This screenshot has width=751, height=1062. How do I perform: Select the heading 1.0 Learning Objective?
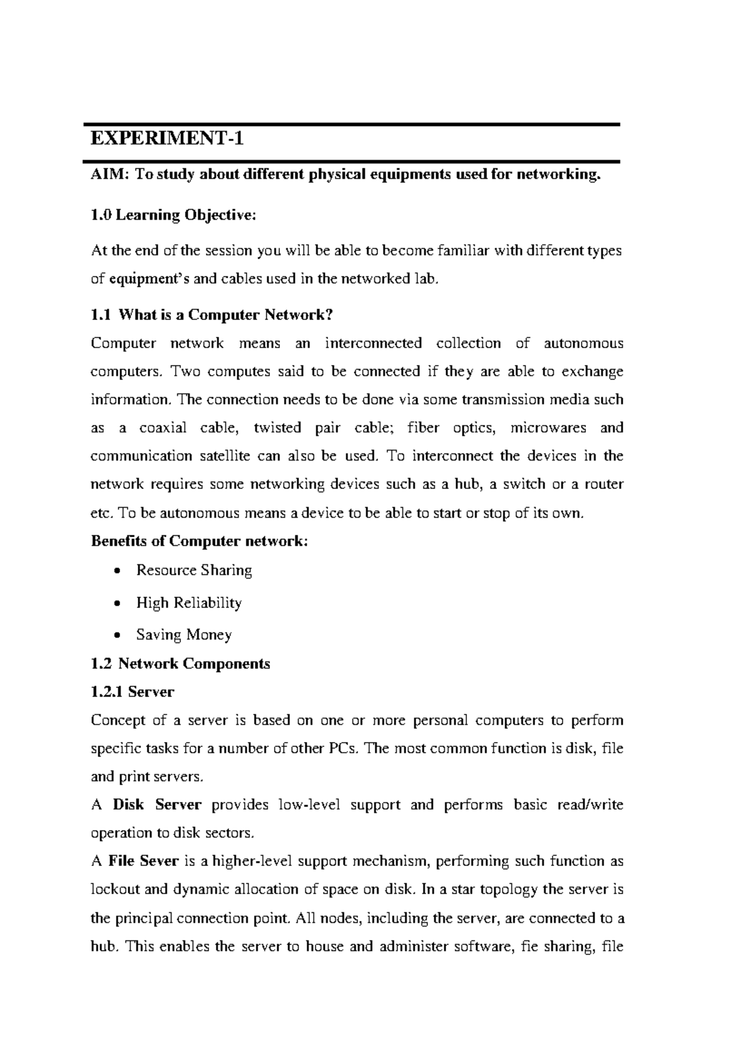click(173, 215)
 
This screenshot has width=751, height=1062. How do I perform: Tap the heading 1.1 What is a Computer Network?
click(212, 315)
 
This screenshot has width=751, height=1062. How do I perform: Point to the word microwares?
click(548, 428)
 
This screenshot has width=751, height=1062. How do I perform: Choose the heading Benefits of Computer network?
click(200, 541)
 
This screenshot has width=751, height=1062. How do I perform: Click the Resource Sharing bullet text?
click(194, 570)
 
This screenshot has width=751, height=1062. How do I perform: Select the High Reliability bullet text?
click(189, 603)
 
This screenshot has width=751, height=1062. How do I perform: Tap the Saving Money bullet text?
click(184, 635)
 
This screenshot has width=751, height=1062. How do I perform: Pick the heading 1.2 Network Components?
click(180, 664)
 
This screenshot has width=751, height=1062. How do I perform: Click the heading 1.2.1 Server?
click(132, 692)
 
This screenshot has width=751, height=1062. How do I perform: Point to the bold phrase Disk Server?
click(157, 805)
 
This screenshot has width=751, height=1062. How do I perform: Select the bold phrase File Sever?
click(144, 862)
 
